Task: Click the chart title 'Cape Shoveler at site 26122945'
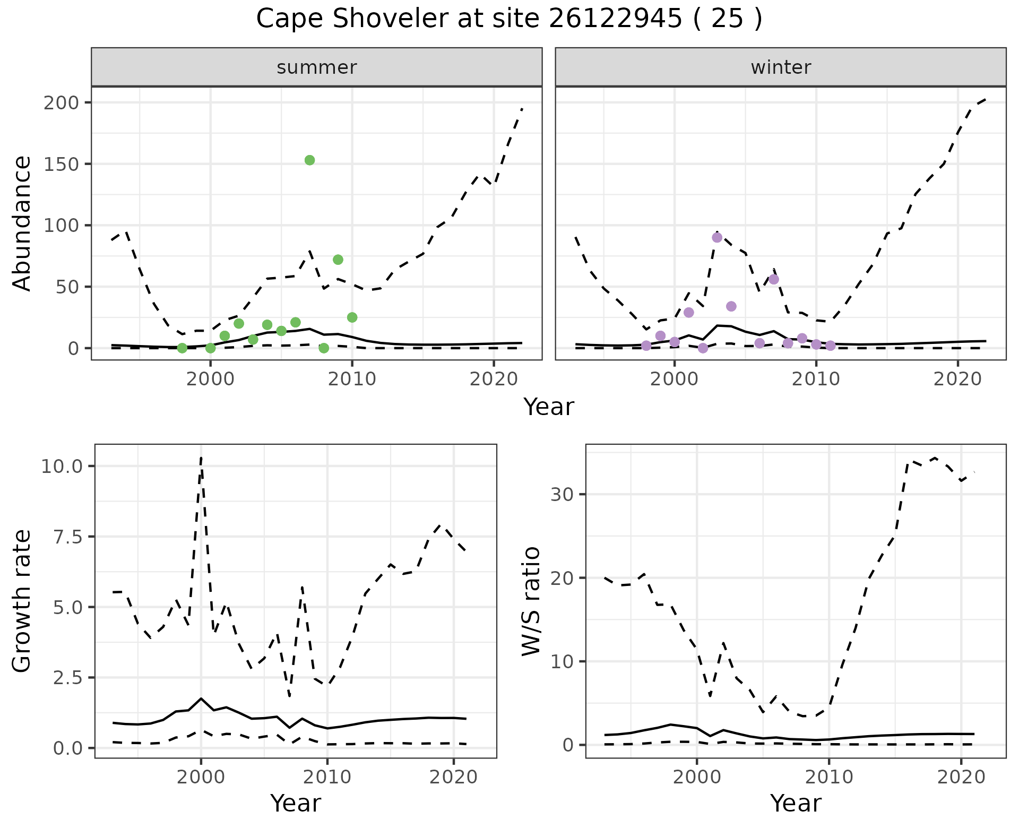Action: pyautogui.click(x=508, y=19)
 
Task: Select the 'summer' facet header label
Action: pyautogui.click(x=317, y=67)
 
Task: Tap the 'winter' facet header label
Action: pyautogui.click(x=781, y=67)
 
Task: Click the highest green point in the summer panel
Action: pyautogui.click(x=310, y=160)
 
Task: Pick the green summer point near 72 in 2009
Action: pyautogui.click(x=338, y=260)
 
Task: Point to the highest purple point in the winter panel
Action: pyautogui.click(x=717, y=237)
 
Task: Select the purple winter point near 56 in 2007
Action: pyautogui.click(x=774, y=279)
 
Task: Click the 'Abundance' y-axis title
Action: pyautogui.click(x=22, y=223)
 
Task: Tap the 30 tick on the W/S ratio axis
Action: pyautogui.click(x=560, y=494)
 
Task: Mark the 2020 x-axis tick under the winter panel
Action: pyautogui.click(x=958, y=379)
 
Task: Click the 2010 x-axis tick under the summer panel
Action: pyautogui.click(x=352, y=379)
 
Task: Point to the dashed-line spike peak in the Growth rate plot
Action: pyautogui.click(x=201, y=457)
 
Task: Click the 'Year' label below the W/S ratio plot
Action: pyautogui.click(x=796, y=804)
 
